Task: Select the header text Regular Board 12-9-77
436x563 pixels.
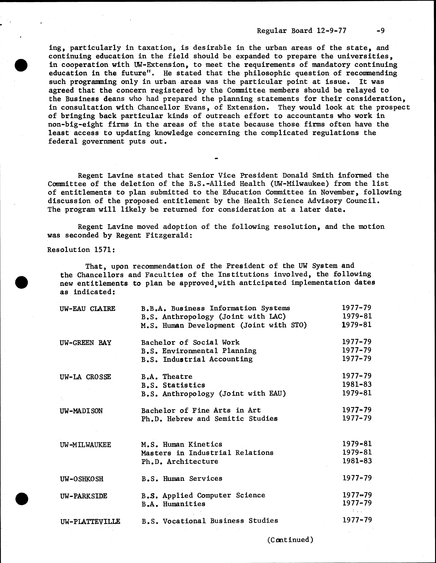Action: click(302, 31)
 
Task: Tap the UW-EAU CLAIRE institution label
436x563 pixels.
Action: click(87, 309)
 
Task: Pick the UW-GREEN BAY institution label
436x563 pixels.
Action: click(85, 343)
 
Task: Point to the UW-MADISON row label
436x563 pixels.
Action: click(81, 411)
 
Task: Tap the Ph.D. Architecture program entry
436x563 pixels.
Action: click(180, 461)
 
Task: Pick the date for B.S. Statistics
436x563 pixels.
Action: click(357, 385)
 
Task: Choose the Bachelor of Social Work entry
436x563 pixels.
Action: click(190, 342)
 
